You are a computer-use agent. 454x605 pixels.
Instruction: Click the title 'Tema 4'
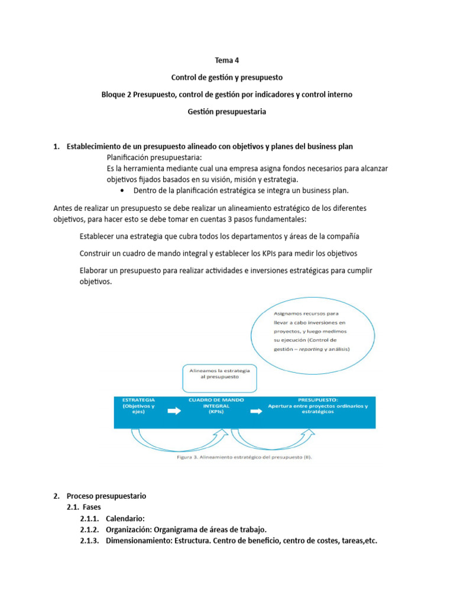point(227,60)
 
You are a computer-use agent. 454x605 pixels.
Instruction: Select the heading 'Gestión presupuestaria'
point(227,112)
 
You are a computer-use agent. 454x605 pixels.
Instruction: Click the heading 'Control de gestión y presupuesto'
point(227,77)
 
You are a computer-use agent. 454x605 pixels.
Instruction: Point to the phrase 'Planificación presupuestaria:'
point(154,157)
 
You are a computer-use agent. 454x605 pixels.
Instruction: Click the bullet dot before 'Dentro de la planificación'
point(122,190)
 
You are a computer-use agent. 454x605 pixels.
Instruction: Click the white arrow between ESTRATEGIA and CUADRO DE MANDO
point(174,412)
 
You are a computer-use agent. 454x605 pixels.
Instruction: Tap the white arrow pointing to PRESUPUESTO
point(257,412)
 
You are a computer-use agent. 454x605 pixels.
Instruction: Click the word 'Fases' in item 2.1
point(92,507)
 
